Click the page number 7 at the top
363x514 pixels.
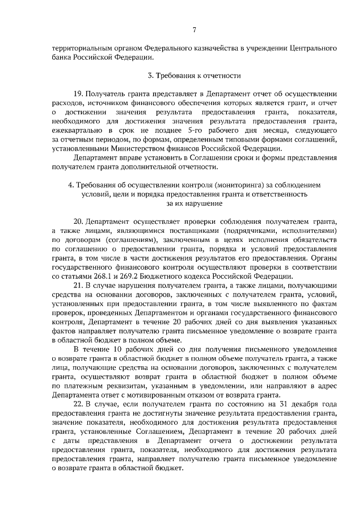click(x=194, y=30)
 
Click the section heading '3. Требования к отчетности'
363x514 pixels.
click(x=194, y=75)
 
